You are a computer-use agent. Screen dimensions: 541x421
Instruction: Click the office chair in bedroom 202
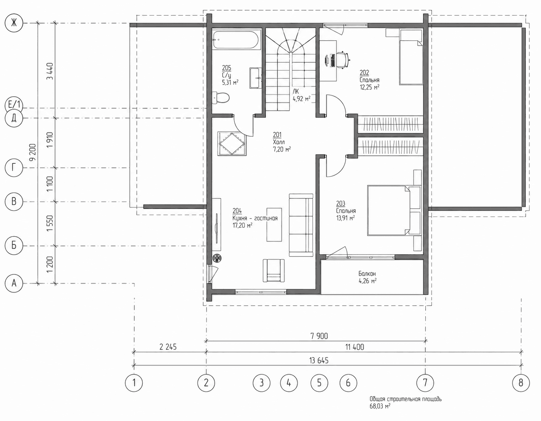click(343, 59)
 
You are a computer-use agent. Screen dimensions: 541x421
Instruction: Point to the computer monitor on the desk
click(327, 60)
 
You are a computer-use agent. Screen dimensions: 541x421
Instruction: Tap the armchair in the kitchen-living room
click(274, 270)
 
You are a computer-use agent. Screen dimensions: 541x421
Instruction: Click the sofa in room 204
click(301, 225)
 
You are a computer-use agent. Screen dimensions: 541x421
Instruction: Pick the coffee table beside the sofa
click(274, 225)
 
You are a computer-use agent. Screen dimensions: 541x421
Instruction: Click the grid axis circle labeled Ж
click(14, 23)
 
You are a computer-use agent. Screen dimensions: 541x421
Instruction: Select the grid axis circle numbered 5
click(320, 383)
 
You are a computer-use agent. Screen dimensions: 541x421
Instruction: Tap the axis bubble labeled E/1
click(14, 105)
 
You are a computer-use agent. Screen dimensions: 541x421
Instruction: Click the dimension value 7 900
click(319, 336)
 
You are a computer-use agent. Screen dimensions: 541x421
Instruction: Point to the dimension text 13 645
click(319, 360)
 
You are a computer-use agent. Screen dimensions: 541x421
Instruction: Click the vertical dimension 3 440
click(50, 71)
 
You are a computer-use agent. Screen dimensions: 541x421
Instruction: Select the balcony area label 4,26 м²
click(368, 281)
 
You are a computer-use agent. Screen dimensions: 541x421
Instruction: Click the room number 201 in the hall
click(277, 135)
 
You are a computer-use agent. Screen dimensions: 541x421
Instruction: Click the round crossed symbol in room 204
click(217, 258)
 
